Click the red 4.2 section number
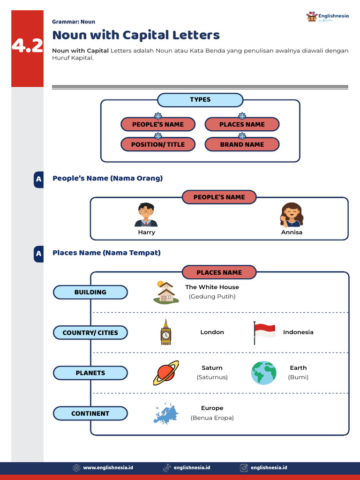click(28, 46)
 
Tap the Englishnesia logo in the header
click(327, 17)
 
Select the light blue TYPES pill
click(200, 100)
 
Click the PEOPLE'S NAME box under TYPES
click(158, 124)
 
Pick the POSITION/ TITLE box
click(158, 144)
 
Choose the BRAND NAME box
click(242, 144)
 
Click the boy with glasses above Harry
click(146, 215)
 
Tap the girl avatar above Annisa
click(292, 215)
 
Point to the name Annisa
click(292, 232)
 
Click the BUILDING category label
click(90, 292)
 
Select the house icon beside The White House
click(166, 292)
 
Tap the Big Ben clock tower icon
click(165, 332)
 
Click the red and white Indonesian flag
click(264, 332)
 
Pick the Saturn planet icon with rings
click(166, 373)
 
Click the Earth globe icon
click(263, 373)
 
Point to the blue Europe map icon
click(166, 413)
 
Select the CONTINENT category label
click(90, 413)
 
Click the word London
click(212, 332)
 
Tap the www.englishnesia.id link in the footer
click(108, 468)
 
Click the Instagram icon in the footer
click(244, 468)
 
